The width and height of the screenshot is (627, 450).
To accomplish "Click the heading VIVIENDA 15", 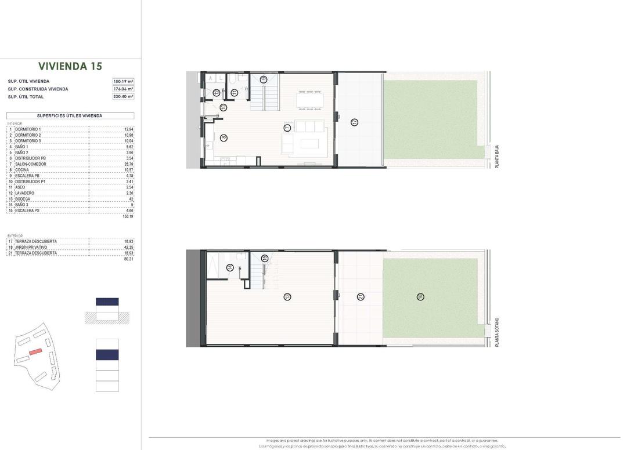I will [x=70, y=66].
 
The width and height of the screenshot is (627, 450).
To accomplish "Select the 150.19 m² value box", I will [x=123, y=81].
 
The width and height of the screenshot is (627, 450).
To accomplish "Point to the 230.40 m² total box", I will [x=123, y=97].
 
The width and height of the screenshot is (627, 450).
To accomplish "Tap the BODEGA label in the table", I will [x=23, y=199].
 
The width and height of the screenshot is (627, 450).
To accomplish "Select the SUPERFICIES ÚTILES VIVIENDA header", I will [x=70, y=116].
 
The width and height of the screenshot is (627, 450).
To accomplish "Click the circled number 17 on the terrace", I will [x=354, y=122].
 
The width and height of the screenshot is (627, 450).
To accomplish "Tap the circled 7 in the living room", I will [x=287, y=128].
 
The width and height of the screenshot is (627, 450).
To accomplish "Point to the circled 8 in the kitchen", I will [x=224, y=137].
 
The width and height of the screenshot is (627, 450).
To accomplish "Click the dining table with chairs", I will [x=309, y=100].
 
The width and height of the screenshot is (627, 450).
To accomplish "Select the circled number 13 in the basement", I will [x=287, y=297].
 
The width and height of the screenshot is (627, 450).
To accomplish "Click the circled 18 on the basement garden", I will [x=420, y=297].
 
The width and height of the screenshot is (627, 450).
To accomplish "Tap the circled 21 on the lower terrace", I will [x=361, y=297].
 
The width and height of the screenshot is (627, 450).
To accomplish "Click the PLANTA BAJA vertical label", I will [x=497, y=157].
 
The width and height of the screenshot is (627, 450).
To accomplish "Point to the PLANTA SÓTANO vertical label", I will [x=497, y=332].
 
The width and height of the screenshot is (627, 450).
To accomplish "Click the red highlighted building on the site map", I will [x=36, y=351].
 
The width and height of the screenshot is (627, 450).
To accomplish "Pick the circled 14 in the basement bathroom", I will [x=230, y=267].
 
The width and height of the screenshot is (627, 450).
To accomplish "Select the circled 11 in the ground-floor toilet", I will [x=234, y=92].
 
